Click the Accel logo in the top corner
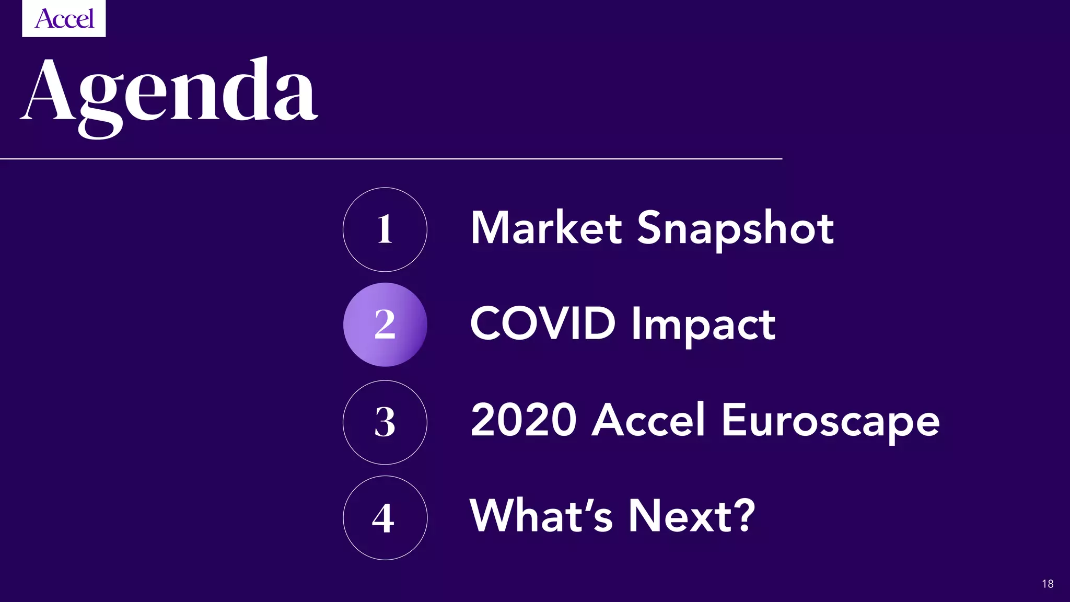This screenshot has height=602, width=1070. [64, 19]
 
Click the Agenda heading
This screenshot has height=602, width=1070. [169, 94]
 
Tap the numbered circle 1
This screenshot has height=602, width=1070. [385, 229]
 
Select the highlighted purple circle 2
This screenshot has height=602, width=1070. [385, 325]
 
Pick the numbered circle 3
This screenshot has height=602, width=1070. [385, 422]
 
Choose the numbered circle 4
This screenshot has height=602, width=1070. [385, 518]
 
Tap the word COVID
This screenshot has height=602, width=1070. [543, 323]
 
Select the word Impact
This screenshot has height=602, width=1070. [703, 325]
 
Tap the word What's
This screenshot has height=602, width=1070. [541, 516]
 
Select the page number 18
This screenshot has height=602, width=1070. [1048, 584]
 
